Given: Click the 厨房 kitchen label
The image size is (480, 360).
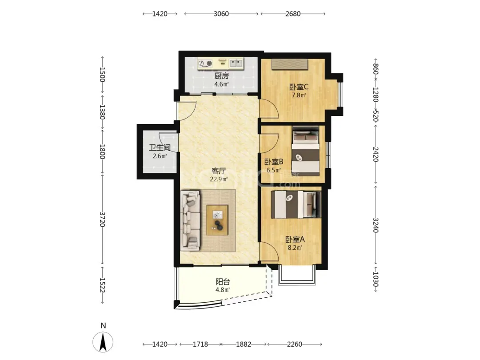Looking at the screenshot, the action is click(x=221, y=76).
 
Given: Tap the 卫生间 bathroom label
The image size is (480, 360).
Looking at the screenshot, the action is click(x=160, y=148).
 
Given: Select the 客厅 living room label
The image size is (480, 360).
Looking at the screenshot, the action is click(x=219, y=171).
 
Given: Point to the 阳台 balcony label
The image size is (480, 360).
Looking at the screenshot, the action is click(x=223, y=282).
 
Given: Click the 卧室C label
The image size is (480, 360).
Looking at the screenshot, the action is click(x=299, y=87).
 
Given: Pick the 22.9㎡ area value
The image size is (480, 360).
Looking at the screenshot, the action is click(x=219, y=180).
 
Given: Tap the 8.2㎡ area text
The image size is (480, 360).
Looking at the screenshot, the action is click(x=295, y=248).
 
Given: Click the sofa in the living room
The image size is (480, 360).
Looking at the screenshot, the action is click(x=190, y=219).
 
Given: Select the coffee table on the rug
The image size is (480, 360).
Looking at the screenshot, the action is click(x=217, y=220).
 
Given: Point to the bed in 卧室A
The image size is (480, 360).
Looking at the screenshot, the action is click(x=296, y=204).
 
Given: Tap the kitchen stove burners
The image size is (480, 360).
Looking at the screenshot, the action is click(x=205, y=64).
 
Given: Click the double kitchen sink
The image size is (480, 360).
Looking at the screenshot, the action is click(x=236, y=64).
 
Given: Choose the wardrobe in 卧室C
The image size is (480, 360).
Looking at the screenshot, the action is click(x=289, y=64).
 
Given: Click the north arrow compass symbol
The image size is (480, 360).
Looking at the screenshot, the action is click(x=103, y=342).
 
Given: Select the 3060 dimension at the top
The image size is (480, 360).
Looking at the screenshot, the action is click(x=221, y=14).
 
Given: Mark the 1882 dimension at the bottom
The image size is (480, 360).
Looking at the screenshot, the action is click(x=244, y=344).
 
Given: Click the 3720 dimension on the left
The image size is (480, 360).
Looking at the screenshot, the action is click(x=102, y=220).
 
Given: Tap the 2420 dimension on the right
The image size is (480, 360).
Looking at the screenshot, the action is click(x=376, y=154).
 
